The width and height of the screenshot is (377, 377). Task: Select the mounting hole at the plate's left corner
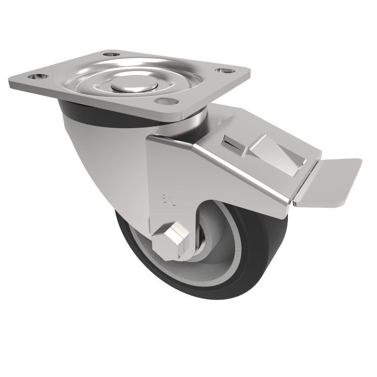(x=36, y=76)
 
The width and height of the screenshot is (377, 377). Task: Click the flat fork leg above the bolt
(x=170, y=188)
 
